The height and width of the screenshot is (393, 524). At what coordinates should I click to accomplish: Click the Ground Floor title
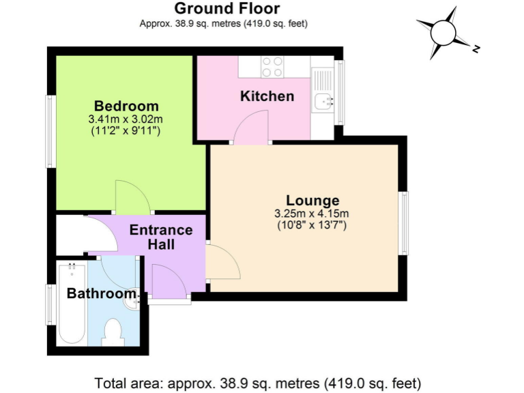tap(227, 9)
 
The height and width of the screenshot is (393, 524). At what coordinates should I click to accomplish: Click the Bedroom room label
tap(126, 106)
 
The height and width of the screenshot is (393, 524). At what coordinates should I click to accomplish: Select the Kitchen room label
tap(267, 96)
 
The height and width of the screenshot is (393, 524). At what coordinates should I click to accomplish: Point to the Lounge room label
tap(312, 201)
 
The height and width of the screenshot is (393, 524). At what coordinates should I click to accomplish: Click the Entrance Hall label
tap(161, 237)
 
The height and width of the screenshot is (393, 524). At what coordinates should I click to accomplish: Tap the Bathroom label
tap(102, 294)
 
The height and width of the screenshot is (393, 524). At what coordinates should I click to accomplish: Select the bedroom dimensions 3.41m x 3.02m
tap(126, 119)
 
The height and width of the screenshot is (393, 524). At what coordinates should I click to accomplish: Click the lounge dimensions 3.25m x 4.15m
tap(312, 213)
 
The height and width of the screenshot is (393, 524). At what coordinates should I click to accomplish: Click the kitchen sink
tap(321, 102)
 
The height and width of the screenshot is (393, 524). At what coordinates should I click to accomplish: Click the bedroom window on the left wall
tap(50, 131)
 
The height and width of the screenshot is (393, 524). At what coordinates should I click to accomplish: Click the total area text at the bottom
tap(257, 382)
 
